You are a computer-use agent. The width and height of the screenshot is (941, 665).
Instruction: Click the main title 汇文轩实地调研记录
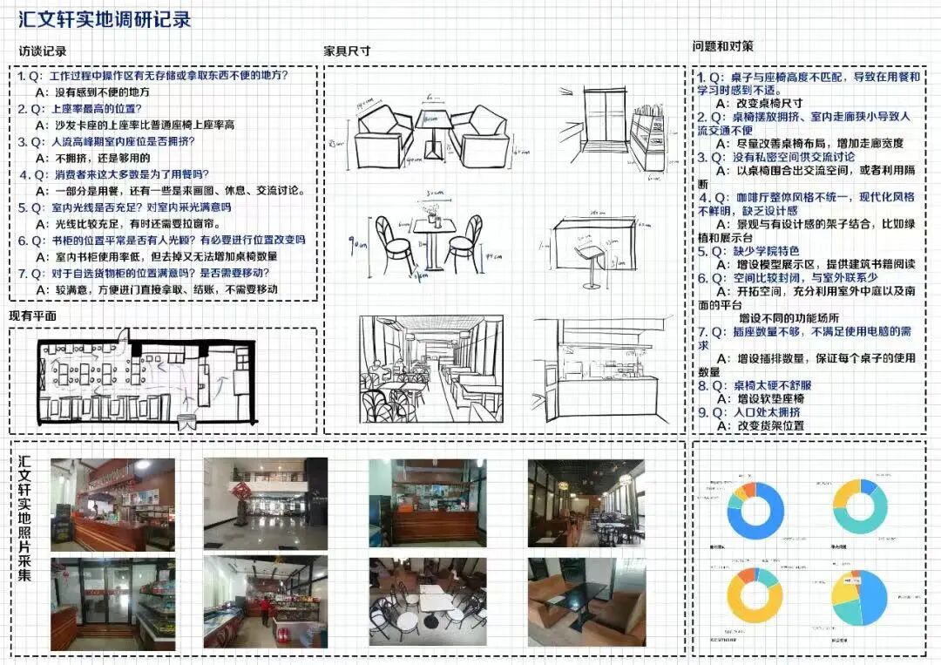click(x=105, y=18)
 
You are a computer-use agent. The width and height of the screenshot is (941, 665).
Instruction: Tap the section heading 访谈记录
click(x=43, y=51)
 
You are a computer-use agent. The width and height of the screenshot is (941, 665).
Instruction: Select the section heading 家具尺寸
click(x=347, y=51)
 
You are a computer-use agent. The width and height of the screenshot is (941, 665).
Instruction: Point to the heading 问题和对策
click(x=723, y=45)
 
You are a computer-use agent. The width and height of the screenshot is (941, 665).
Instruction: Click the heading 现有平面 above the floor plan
click(x=32, y=316)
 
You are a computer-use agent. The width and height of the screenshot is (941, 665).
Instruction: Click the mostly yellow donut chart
click(x=755, y=601)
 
